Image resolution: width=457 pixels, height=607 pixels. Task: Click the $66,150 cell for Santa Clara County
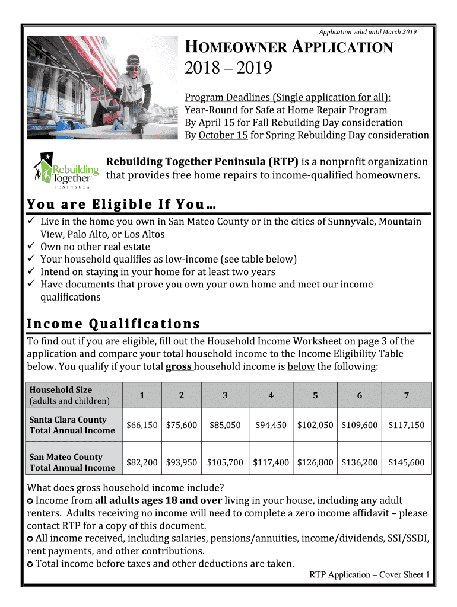pyautogui.click(x=142, y=425)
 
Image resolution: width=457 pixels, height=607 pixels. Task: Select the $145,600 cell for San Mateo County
pyautogui.click(x=407, y=462)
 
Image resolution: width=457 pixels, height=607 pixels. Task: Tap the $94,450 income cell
pyautogui.click(x=271, y=425)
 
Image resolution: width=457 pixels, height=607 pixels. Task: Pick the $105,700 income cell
pyautogui.click(x=225, y=462)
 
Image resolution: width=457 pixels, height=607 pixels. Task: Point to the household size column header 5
pyautogui.click(x=315, y=395)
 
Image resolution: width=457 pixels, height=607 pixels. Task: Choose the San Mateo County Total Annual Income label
pyautogui.click(x=72, y=462)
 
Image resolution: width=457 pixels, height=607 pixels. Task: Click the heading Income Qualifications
pyautogui.click(x=113, y=324)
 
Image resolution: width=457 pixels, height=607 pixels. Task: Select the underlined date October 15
pyautogui.click(x=223, y=135)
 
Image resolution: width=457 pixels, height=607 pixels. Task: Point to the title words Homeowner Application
pyautogui.click(x=289, y=48)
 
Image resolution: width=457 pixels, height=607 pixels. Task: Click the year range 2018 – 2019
pyautogui.click(x=228, y=70)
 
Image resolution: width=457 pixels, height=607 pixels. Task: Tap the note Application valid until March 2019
pyautogui.click(x=368, y=31)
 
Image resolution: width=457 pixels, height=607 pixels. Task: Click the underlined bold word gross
pyautogui.click(x=178, y=366)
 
